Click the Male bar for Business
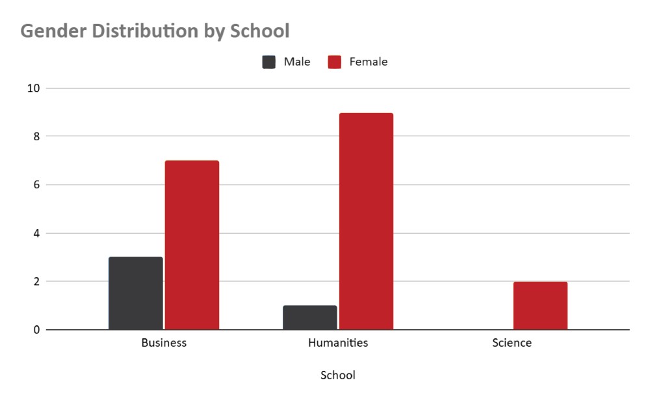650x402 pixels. coord(135,294)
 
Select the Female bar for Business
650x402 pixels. coord(192,245)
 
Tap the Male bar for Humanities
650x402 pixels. coord(309,318)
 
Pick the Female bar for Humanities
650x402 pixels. coord(366,221)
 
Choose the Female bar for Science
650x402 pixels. coord(540,306)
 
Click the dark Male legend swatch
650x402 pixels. coord(269,62)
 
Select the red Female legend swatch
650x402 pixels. coord(335,62)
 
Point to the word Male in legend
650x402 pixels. coord(297,62)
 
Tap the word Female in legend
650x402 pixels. coord(369,62)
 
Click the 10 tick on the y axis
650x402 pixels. coord(33,88)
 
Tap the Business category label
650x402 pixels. coord(164,343)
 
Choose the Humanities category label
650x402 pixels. coord(338,343)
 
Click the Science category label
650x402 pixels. coord(512,343)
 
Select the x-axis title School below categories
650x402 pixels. coord(338,375)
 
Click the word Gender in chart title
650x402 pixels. coord(51,31)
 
